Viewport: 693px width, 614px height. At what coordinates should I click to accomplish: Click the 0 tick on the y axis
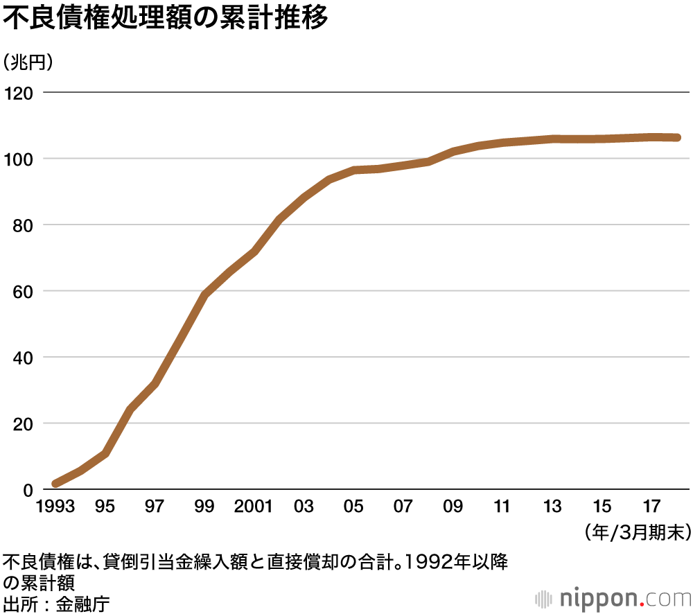coord(28,489)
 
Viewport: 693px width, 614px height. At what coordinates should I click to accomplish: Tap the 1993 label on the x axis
coord(57,507)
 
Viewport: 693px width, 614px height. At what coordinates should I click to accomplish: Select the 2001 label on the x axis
coord(254,507)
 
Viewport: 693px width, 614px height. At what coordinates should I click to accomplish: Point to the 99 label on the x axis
coord(204,507)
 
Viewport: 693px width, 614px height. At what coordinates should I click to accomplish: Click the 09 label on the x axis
coord(453,507)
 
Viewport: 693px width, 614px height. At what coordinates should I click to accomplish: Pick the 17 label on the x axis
coord(651,507)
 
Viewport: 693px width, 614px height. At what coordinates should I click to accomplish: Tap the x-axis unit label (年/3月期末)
coord(638,532)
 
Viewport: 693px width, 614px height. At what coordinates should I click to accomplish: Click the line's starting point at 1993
coord(56,483)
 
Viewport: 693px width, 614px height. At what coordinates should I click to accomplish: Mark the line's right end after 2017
coord(677,137)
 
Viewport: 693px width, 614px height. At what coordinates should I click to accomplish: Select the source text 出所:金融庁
coord(56,602)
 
